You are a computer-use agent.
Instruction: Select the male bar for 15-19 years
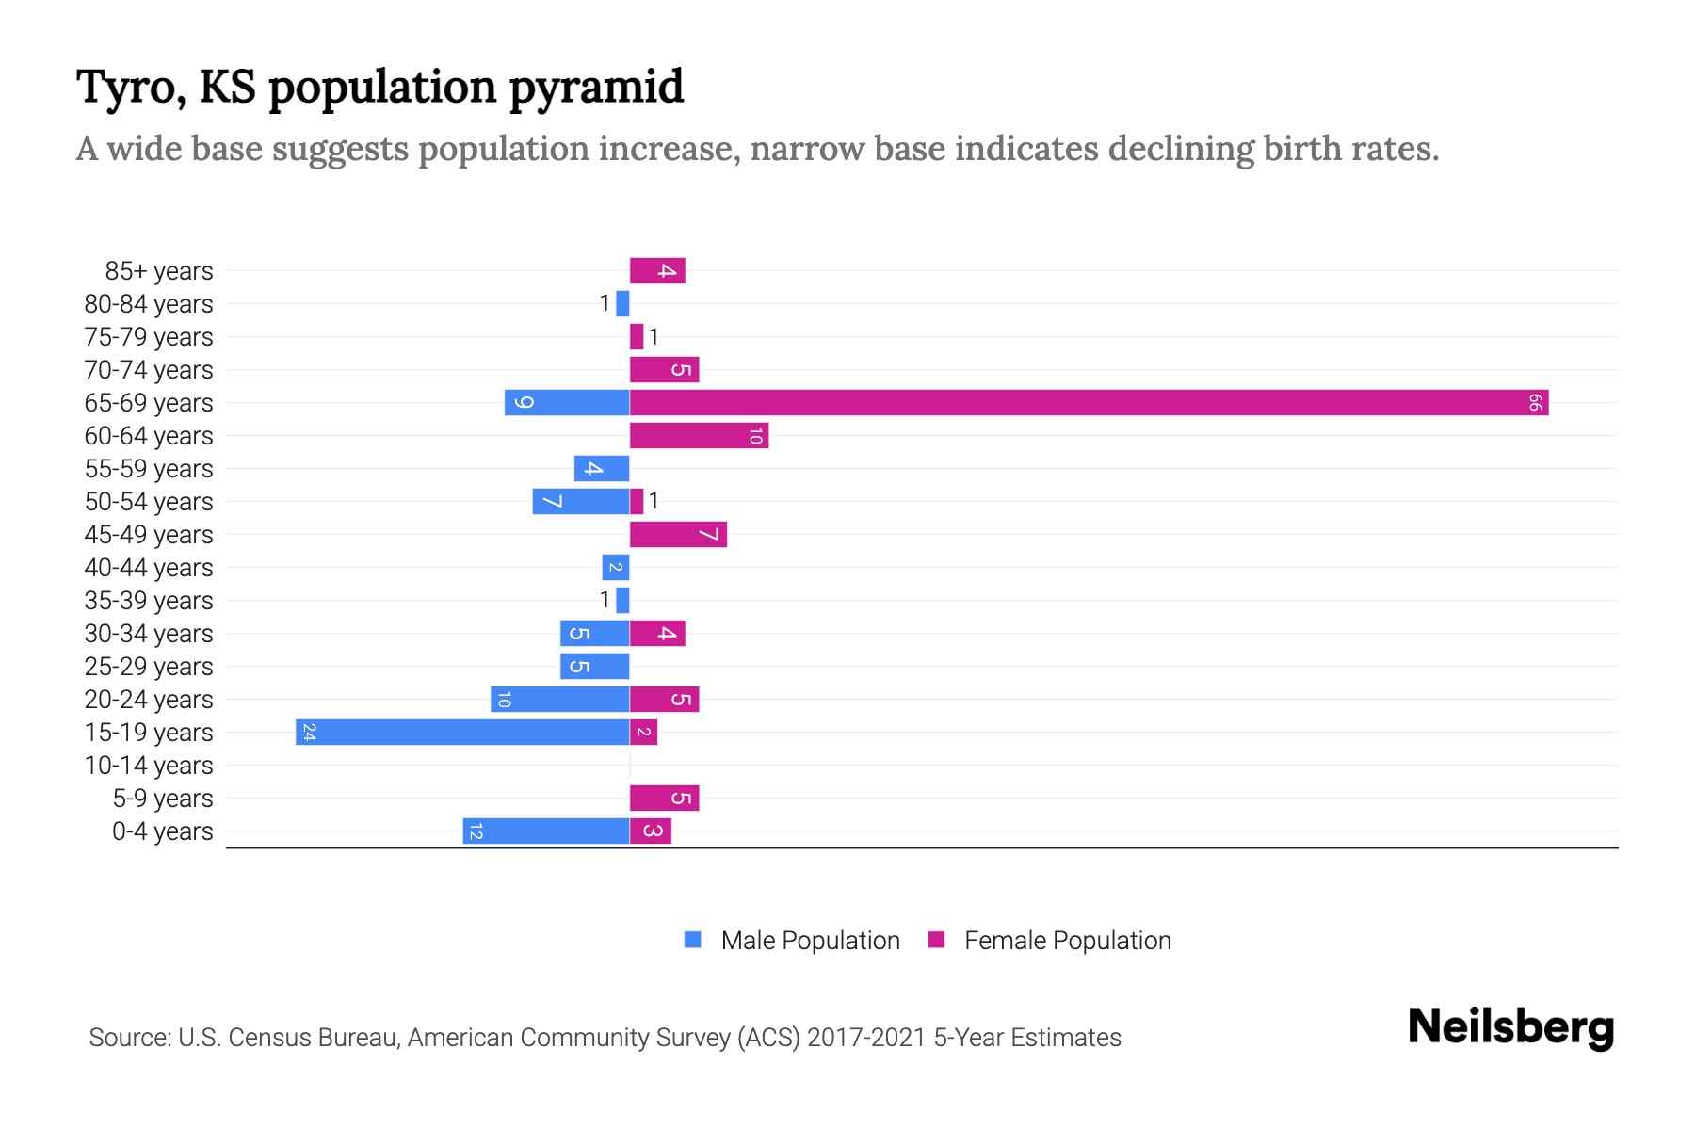pyautogui.click(x=462, y=733)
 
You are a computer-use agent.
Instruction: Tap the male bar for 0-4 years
pyautogui.click(x=546, y=831)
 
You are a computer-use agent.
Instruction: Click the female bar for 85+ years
pyautogui.click(x=657, y=271)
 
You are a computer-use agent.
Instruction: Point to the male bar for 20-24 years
pyautogui.click(x=560, y=700)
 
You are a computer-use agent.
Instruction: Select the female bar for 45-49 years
pyautogui.click(x=678, y=535)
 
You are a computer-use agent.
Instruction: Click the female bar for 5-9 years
pyautogui.click(x=664, y=799)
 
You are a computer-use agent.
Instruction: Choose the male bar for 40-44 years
pyautogui.click(x=616, y=568)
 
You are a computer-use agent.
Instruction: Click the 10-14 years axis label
pyautogui.click(x=149, y=766)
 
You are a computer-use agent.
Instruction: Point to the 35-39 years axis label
pyautogui.click(x=149, y=601)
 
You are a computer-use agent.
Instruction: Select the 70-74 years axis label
pyautogui.click(x=149, y=370)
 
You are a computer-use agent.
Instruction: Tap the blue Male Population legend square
pyautogui.click(x=693, y=940)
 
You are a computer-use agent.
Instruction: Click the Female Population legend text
pyautogui.click(x=1067, y=941)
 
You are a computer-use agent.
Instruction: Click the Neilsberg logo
pyautogui.click(x=1510, y=1027)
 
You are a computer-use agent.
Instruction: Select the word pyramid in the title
pyautogui.click(x=596, y=87)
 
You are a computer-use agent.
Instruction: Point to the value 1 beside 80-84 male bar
pyautogui.click(x=605, y=304)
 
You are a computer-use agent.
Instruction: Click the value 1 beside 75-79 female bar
pyautogui.click(x=654, y=337)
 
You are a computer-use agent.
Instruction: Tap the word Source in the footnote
pyautogui.click(x=128, y=1038)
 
